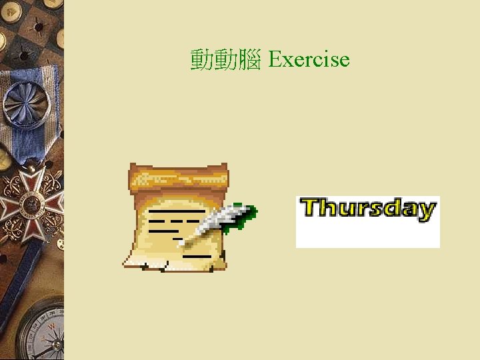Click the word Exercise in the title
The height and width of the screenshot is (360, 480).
point(309,59)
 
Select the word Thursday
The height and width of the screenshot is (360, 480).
point(368,209)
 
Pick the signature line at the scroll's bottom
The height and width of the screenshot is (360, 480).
point(197,255)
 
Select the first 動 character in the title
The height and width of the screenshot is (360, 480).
point(201,60)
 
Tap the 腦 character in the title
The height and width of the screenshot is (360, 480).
point(249,60)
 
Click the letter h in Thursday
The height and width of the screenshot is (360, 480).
point(329,208)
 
